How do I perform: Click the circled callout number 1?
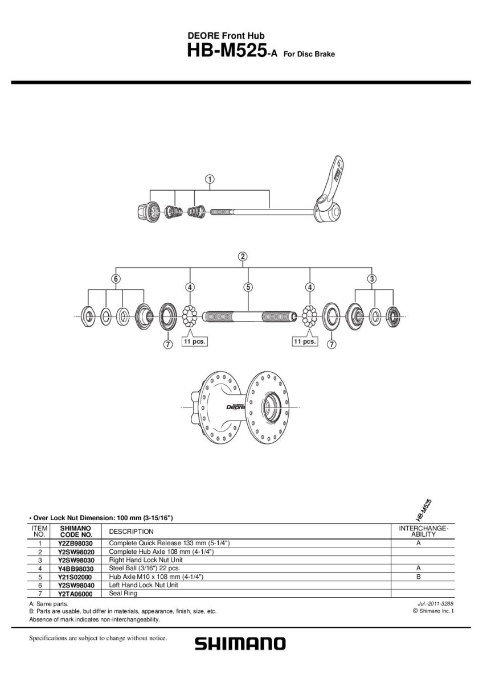[x=210, y=179]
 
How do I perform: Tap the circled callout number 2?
[x=243, y=257]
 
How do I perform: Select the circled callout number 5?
[x=248, y=287]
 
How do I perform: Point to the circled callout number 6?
[x=116, y=279]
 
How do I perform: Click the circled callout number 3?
[x=371, y=279]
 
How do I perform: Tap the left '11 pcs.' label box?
[x=194, y=341]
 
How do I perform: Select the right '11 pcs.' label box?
[x=305, y=341]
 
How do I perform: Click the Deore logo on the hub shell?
[x=236, y=406]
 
